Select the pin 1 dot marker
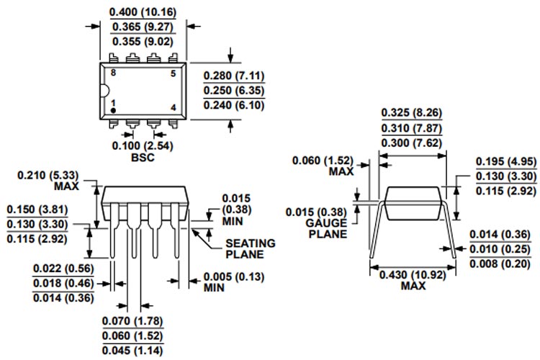(x=113, y=111)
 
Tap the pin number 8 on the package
(x=113, y=73)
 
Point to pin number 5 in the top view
(x=173, y=73)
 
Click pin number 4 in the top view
(x=173, y=108)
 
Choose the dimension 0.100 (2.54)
(x=143, y=145)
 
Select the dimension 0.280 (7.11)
(x=234, y=76)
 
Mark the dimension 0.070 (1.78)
(x=132, y=321)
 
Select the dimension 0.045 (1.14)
(x=132, y=351)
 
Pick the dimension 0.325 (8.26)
(x=411, y=112)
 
